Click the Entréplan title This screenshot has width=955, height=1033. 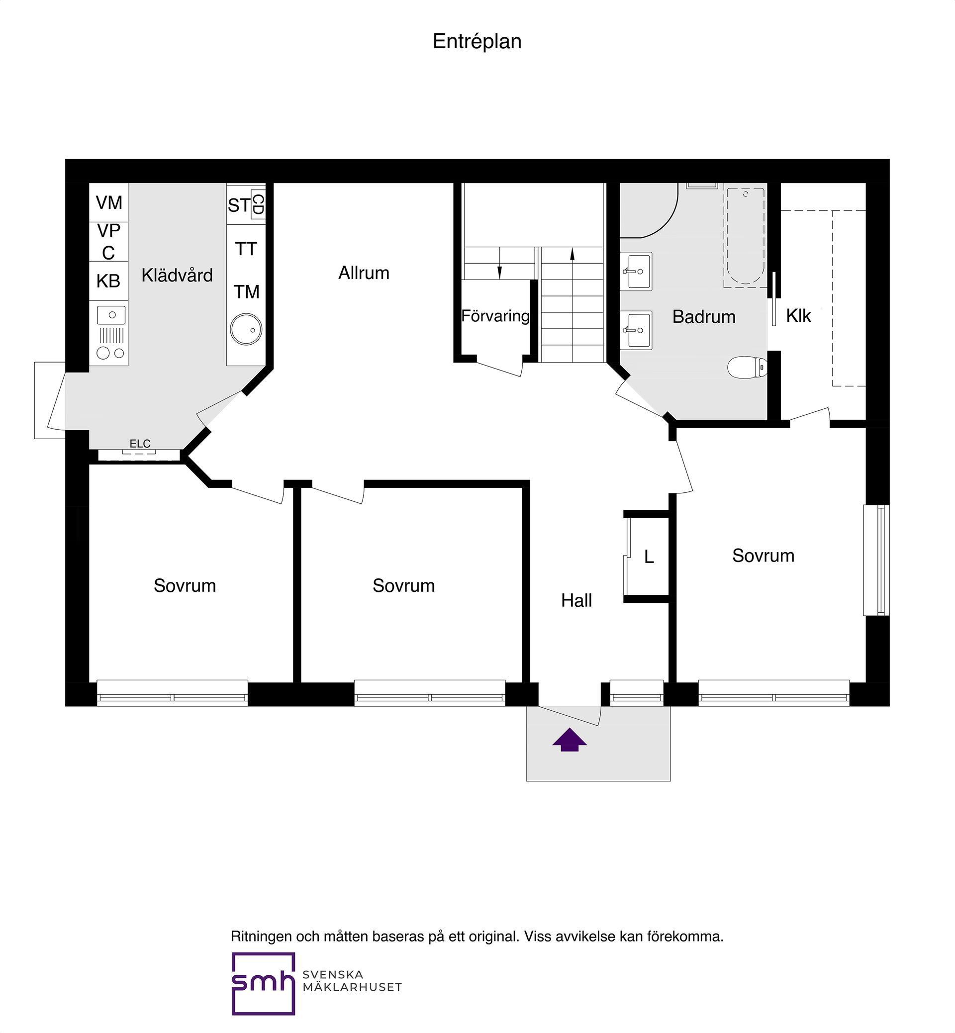coord(477,42)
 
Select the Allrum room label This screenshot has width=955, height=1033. coord(364,273)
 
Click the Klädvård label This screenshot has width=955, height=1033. coord(177,276)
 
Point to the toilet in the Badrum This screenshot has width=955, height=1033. coord(747,367)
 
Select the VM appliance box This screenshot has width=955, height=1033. coord(108,202)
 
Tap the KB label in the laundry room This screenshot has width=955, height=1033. coord(108,281)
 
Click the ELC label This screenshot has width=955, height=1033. coord(140,443)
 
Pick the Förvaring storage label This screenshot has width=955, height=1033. coord(495,316)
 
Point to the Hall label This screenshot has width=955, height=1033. coord(576,600)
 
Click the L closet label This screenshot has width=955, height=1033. coord(649,557)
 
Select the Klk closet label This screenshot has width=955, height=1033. coord(798,316)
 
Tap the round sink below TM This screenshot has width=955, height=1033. coord(246,329)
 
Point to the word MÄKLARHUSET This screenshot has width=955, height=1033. coord(352,988)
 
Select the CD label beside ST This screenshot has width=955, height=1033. coord(258,204)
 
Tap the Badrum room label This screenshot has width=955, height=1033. coord(704,317)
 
